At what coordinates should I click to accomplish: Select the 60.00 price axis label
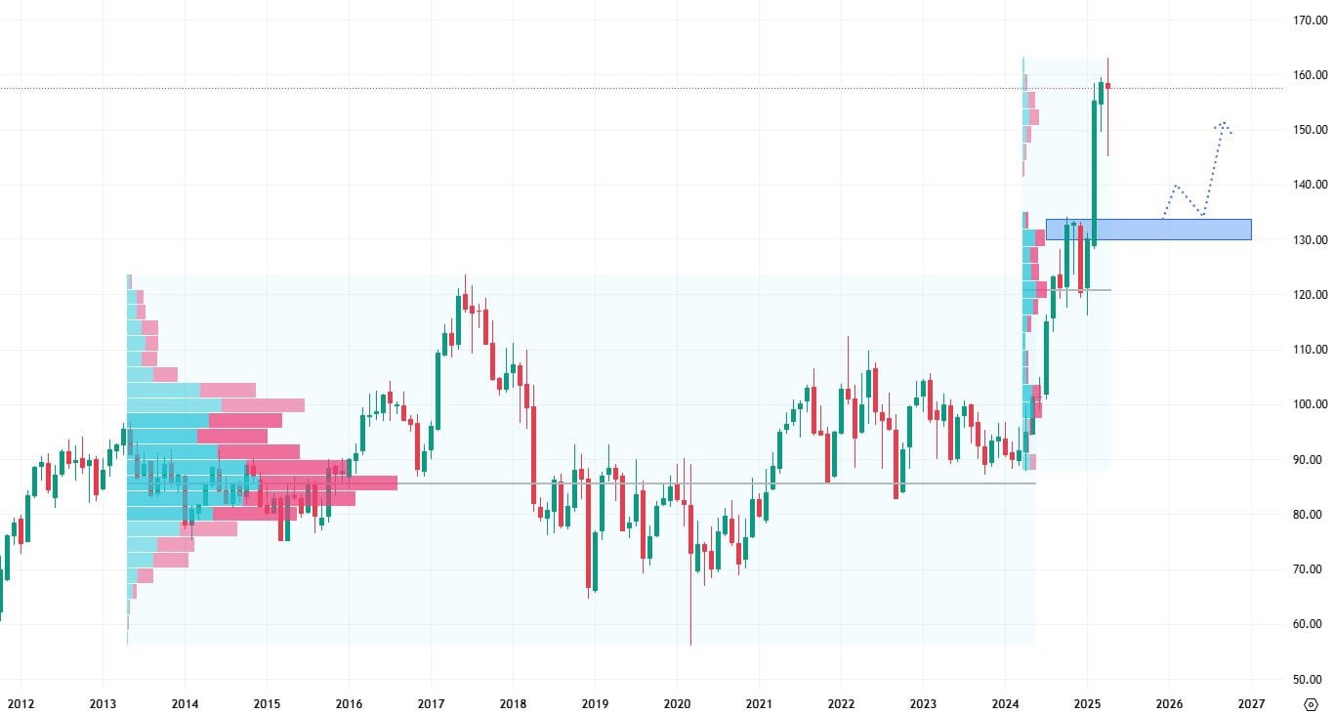point(1306,624)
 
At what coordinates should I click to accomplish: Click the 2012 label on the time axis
point(21,703)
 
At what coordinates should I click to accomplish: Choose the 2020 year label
point(677,703)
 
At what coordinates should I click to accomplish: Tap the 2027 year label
point(1251,703)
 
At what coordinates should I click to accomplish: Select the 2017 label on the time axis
point(431,703)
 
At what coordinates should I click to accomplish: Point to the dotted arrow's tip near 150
point(1222,123)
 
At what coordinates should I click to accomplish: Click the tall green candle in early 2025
point(1094,171)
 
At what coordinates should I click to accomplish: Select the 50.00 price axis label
point(1306,679)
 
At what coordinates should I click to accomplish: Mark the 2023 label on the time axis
point(923,703)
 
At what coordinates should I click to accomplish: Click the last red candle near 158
point(1107,86)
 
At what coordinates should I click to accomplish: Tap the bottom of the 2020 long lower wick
point(690,644)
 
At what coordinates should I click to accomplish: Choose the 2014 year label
point(185,703)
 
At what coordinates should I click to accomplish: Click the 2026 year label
point(1169,703)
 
